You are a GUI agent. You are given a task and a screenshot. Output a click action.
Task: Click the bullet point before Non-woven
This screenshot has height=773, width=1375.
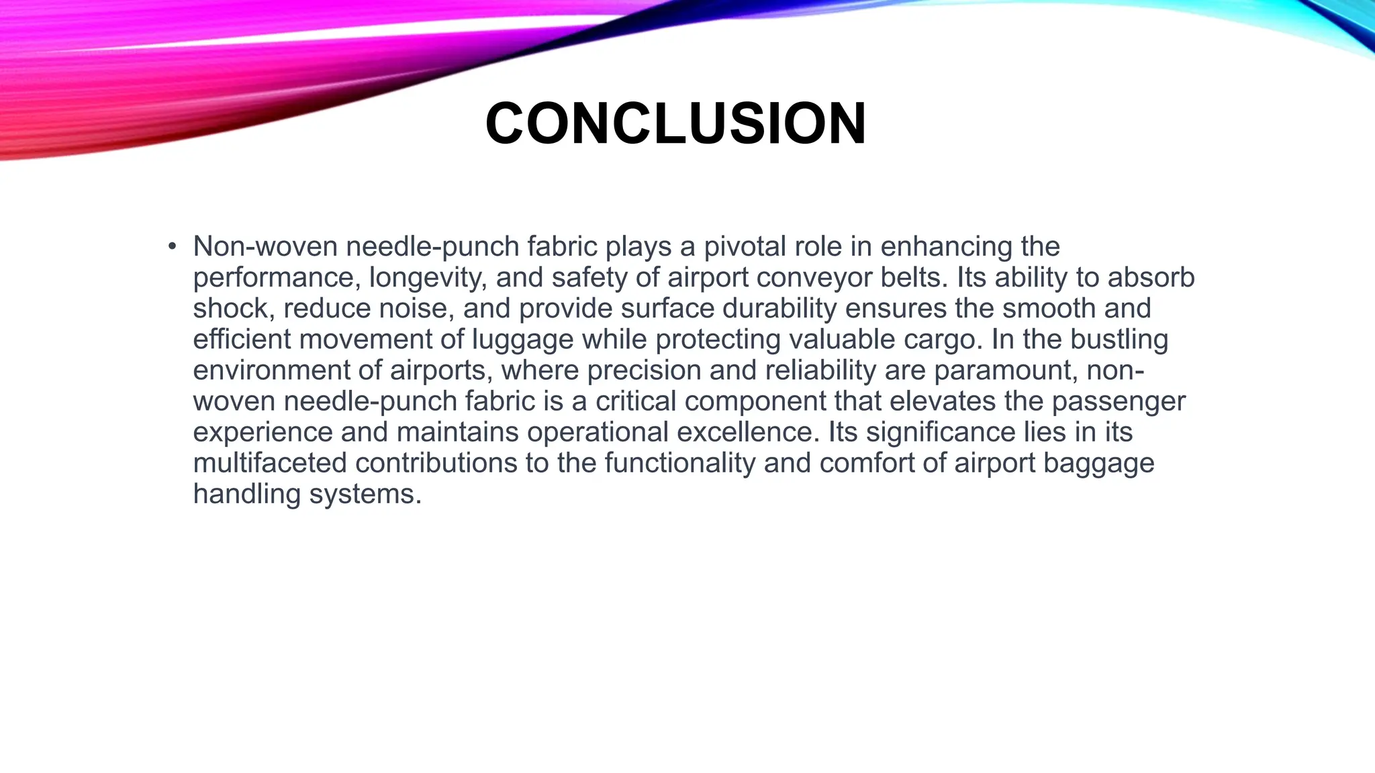pyautogui.click(x=173, y=246)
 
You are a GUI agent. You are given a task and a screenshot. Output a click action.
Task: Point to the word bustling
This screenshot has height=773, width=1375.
pyautogui.click(x=1119, y=340)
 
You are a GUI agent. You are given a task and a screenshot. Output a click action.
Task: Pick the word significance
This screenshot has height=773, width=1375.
pyautogui.click(x=940, y=432)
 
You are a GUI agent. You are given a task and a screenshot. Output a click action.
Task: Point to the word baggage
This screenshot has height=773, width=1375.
pyautogui.click(x=1098, y=463)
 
